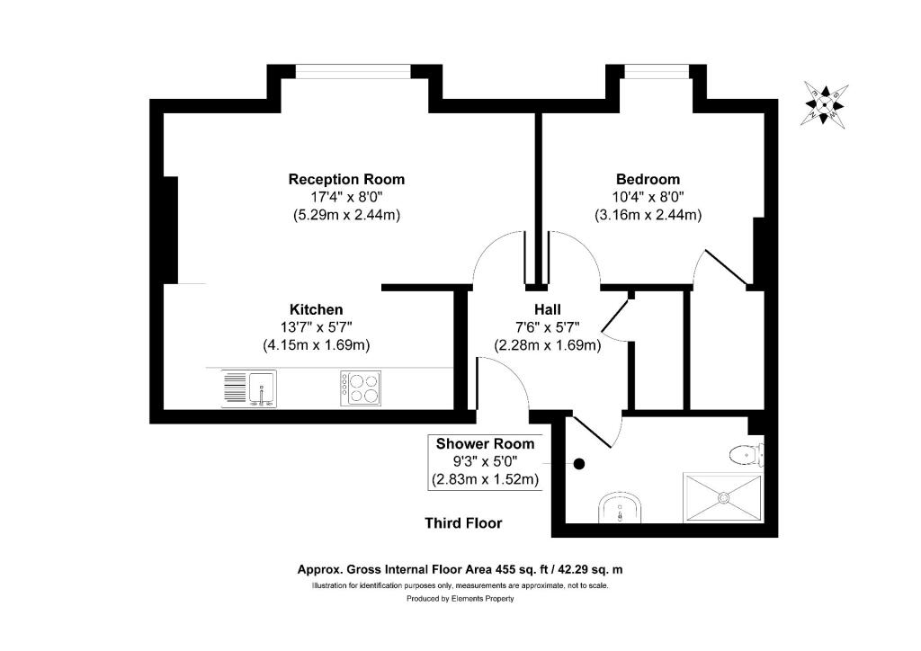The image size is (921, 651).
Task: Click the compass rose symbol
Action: (x=826, y=103)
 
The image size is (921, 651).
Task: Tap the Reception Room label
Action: (x=346, y=179)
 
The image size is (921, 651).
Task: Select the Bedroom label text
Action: (x=648, y=179)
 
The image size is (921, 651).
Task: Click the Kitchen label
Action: (x=316, y=308)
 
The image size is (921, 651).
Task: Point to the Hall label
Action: (x=548, y=308)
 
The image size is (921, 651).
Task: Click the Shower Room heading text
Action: (x=485, y=443)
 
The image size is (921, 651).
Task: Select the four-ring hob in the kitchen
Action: (x=360, y=388)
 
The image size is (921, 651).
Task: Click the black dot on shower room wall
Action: (x=579, y=464)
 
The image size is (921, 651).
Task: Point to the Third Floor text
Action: (x=463, y=523)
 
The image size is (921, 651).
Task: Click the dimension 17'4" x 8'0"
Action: (x=346, y=197)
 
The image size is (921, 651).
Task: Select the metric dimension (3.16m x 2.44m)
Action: (x=648, y=215)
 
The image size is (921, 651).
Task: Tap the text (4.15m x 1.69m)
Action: (x=316, y=344)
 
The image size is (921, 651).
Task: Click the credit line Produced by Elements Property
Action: (x=460, y=599)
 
